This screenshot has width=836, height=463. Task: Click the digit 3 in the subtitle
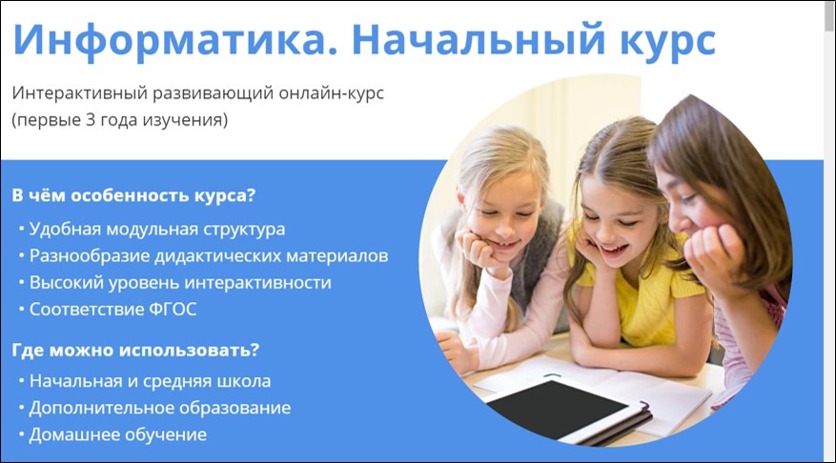(x=91, y=119)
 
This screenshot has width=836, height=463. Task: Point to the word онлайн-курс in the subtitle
(x=332, y=92)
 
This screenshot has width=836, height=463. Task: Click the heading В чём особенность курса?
(x=133, y=195)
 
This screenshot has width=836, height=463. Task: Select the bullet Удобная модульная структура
(x=156, y=230)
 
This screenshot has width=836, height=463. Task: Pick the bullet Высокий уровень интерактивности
(x=180, y=282)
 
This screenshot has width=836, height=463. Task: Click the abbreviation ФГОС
(x=173, y=309)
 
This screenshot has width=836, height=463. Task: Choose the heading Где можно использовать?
(x=135, y=350)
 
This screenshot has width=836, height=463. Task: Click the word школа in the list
(x=245, y=381)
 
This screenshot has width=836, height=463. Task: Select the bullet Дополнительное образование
(x=160, y=408)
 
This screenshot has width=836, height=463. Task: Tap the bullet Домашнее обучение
(x=118, y=434)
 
